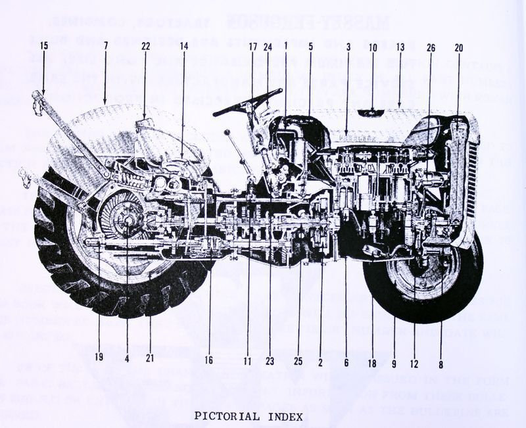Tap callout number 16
click(x=208, y=360)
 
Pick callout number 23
click(x=270, y=360)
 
